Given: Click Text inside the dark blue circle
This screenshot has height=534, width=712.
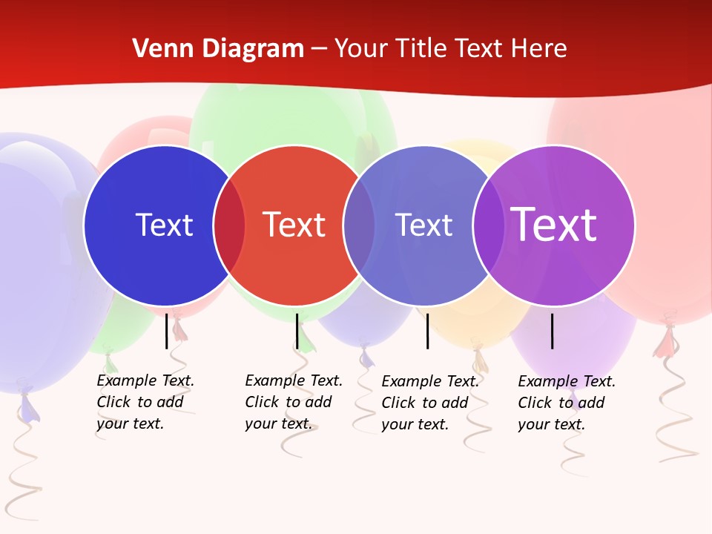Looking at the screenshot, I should [x=164, y=225].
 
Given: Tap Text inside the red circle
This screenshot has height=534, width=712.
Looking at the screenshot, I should [x=294, y=225].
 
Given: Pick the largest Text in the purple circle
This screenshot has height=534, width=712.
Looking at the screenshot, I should [x=554, y=225].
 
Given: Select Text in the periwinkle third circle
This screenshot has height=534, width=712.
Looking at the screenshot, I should [x=423, y=225].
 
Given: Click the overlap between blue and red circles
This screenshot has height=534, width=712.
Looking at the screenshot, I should [x=229, y=225].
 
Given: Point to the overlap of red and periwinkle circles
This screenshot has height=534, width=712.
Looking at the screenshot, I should [x=359, y=225].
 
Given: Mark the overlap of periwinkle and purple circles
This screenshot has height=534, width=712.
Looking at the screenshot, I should [x=489, y=225].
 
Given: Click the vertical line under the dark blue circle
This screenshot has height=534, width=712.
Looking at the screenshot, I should [x=167, y=331].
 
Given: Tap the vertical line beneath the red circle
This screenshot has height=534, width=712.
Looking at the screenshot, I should [x=297, y=331].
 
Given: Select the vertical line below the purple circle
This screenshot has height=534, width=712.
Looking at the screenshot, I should [x=553, y=331].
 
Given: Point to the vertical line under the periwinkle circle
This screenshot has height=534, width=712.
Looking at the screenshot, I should [x=427, y=331].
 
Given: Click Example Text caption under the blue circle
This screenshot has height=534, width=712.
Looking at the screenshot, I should [x=145, y=402].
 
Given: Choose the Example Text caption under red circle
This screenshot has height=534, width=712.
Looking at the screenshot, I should [x=293, y=402].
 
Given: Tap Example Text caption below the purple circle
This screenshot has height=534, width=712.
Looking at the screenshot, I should [x=566, y=403].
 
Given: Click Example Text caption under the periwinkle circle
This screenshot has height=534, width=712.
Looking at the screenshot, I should [x=429, y=403].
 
